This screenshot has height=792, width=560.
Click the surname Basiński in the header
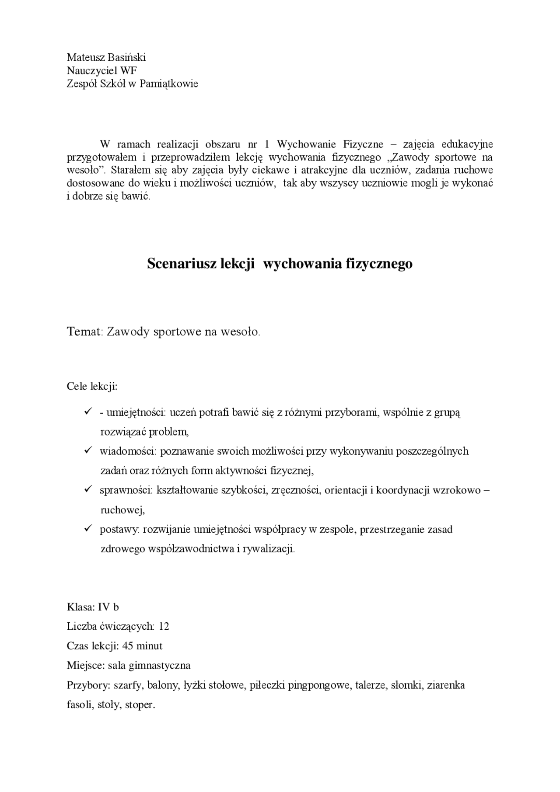(124, 57)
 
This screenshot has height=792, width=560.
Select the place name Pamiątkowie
(169, 84)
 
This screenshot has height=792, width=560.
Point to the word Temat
(84, 331)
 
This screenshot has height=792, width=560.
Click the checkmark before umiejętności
(87, 412)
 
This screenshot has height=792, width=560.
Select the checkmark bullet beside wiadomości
(87, 450)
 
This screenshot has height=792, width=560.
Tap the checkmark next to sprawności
(87, 489)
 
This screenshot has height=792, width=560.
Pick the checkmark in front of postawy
(87, 529)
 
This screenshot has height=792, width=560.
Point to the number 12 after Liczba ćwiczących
(164, 626)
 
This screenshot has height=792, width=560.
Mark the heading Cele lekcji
(92, 386)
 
